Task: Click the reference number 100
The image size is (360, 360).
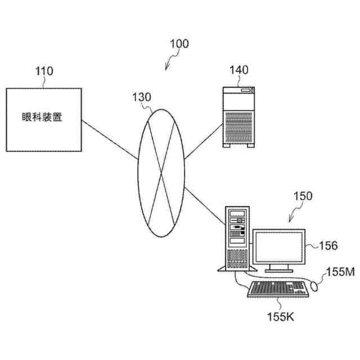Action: (179, 43)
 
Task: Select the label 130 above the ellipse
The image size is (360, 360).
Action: (141, 96)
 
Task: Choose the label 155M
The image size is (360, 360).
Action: (340, 272)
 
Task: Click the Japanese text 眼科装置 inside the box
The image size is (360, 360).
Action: (43, 118)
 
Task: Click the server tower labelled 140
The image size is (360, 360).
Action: (238, 119)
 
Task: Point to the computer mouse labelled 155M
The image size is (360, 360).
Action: (315, 286)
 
